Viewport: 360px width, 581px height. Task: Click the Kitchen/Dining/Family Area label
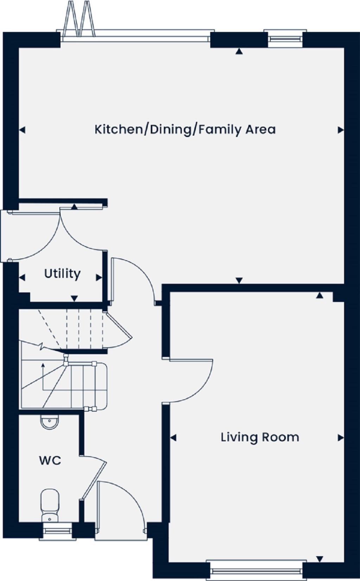pyautogui.click(x=185, y=130)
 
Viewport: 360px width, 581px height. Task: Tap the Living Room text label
pyautogui.click(x=260, y=437)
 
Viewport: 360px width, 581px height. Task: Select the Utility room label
pyautogui.click(x=62, y=273)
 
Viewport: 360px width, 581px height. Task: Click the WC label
pyautogui.click(x=50, y=460)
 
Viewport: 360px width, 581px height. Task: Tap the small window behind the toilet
pyautogui.click(x=57, y=530)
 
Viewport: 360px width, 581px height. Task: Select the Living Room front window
pyautogui.click(x=257, y=571)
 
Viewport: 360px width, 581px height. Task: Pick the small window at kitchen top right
pyautogui.click(x=285, y=39)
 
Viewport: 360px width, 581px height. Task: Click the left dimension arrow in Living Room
pyautogui.click(x=173, y=438)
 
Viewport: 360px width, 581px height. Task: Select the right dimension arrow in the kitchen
pyautogui.click(x=340, y=130)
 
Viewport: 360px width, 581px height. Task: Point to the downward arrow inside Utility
pyautogui.click(x=74, y=299)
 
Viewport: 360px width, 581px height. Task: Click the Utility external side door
pyautogui.click(x=4, y=235)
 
